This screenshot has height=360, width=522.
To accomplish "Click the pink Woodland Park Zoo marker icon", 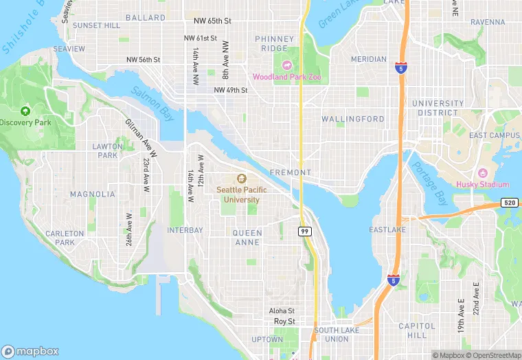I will pos(286,65).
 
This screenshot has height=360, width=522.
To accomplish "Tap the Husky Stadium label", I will pos(483,184).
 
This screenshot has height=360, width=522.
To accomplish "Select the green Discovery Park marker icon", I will pos(25,111).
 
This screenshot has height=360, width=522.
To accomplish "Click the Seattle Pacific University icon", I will pos(241,178).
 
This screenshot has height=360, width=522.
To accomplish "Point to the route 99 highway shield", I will pos(304,232).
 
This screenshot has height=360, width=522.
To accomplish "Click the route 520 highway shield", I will pos(509,203).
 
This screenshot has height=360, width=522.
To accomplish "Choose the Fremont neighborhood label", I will pos(291,172).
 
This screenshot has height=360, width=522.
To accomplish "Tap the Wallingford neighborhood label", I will pos(353,119).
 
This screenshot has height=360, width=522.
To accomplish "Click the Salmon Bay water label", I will pos(152,103).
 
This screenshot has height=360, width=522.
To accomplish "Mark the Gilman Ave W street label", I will pos(141,137).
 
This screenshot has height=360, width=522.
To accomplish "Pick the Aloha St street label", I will pos(282,311).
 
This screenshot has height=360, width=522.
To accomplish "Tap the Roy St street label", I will pos(284,321).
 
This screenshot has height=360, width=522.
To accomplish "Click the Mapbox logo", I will pos(30,350).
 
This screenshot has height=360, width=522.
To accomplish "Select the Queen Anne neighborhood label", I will pos(247,238).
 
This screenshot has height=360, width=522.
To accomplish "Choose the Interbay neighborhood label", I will pos(185,229).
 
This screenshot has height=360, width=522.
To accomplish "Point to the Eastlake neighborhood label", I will pos(387,229).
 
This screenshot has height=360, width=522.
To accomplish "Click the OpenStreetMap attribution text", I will pos(492,355).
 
